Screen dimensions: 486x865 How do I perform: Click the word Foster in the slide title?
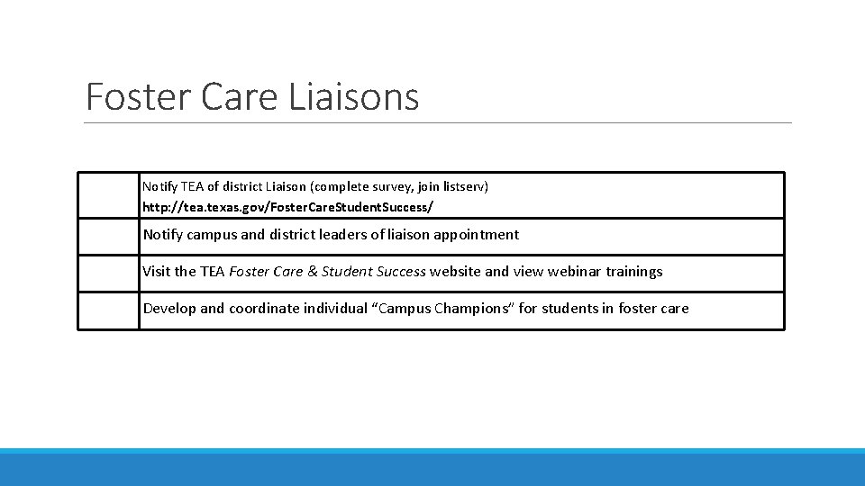[x=138, y=96]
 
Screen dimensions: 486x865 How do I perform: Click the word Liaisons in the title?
[x=354, y=96]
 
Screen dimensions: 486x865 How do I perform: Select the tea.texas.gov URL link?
[x=287, y=207]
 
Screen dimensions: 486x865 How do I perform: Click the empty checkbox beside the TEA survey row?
[x=108, y=195]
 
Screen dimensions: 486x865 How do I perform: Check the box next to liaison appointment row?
[x=108, y=237]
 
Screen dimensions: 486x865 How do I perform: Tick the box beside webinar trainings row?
[x=108, y=274]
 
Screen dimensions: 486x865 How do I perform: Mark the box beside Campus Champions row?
[x=108, y=310]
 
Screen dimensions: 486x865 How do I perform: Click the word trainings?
[x=634, y=272]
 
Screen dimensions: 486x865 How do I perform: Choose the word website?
[x=456, y=272]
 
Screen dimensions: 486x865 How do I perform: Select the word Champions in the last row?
[x=474, y=309]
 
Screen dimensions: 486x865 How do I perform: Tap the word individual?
[x=334, y=309]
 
